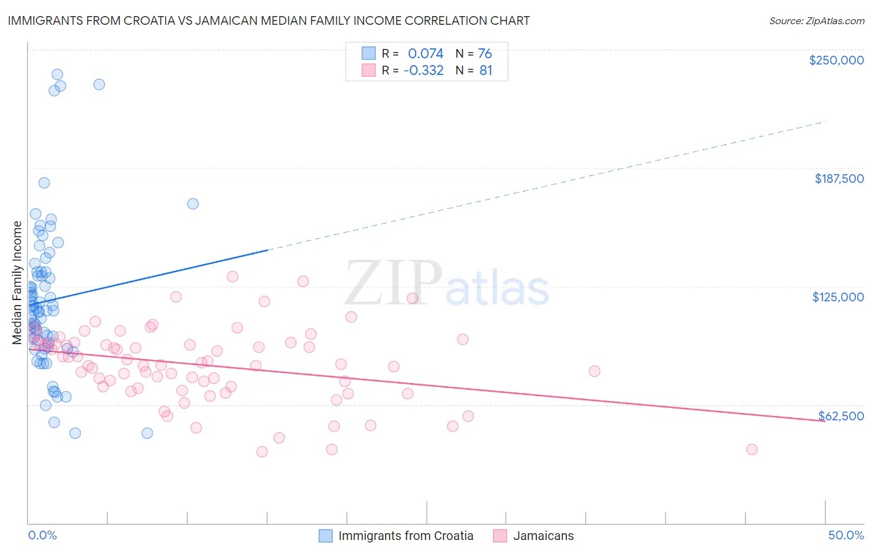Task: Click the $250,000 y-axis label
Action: pos(836,60)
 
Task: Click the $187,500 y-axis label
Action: pos(839,179)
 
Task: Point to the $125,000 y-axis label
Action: pos(838,297)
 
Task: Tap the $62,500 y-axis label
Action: pos(841,416)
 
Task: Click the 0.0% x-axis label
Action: pos(42,535)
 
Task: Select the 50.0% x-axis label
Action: pos(846,535)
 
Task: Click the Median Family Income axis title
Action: pos(17,283)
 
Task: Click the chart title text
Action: pos(269,20)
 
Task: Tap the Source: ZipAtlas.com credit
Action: pos(816,21)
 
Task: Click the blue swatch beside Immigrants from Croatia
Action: pos(326,536)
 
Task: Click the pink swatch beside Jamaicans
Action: pos(501,536)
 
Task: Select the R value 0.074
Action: pos(425,53)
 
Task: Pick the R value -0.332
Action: pos(424,70)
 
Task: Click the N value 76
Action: pos(485,53)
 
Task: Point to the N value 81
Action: pos(486,70)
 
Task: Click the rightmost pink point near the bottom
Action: pos(752,449)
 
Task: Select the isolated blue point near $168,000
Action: pos(193,204)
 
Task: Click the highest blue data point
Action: pos(57,74)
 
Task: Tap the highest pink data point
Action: pos(233,276)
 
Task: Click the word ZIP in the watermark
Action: pos(393,283)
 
